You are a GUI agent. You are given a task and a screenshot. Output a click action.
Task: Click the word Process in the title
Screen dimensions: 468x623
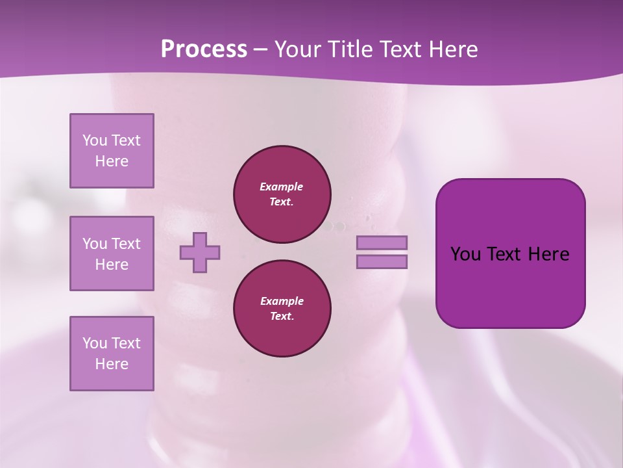pos(204,49)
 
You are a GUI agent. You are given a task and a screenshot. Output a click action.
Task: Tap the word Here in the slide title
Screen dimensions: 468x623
pos(452,49)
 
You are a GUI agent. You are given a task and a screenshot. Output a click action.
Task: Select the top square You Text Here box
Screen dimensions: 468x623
pos(112,151)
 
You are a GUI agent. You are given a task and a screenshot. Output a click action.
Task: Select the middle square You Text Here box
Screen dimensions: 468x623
pos(112,253)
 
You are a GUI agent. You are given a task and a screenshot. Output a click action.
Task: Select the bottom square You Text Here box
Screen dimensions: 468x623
pos(112,354)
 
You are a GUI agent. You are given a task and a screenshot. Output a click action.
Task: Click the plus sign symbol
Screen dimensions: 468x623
pos(200,252)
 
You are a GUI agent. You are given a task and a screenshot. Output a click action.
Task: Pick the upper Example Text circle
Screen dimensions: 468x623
pos(282,194)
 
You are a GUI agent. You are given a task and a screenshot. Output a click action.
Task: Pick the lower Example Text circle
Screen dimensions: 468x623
pos(282,309)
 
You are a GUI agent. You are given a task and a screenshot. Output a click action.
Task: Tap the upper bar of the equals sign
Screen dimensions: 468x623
pos(382,242)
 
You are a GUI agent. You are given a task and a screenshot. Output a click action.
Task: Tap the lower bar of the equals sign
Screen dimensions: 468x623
pos(382,261)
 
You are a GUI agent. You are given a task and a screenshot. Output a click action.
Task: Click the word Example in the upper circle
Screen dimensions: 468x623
pos(282,187)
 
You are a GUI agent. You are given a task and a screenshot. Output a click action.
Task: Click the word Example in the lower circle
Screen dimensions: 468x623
pos(282,301)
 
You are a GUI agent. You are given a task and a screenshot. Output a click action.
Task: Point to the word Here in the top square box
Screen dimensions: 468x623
pos(112,161)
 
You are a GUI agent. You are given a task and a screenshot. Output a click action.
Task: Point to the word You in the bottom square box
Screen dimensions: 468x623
pos(95,343)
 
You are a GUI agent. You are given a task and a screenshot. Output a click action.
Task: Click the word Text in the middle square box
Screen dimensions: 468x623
pos(125,244)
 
